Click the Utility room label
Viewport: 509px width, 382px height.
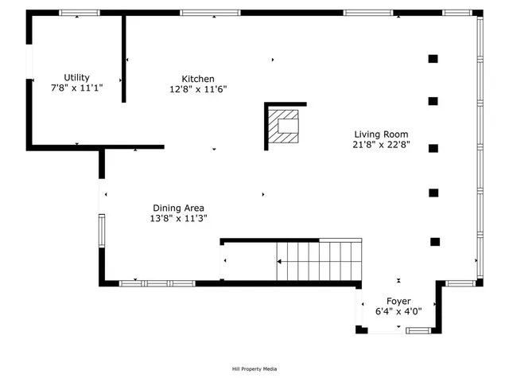point(77,77)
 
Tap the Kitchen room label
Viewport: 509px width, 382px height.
point(198,79)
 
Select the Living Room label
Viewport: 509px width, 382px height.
point(381,134)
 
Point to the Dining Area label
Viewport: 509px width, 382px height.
point(178,208)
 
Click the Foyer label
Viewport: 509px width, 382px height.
point(398,302)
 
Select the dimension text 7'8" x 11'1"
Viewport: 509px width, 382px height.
point(77,88)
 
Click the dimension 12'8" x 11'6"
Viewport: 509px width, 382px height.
point(198,89)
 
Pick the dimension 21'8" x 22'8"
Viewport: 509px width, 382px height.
point(381,145)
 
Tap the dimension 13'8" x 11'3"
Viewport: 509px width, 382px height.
point(178,218)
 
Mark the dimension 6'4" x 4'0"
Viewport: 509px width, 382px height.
point(398,312)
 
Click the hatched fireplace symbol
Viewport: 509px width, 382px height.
point(284,125)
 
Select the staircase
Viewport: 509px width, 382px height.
point(318,261)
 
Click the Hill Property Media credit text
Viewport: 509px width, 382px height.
point(254,368)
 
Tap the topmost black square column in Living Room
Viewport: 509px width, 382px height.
point(433,58)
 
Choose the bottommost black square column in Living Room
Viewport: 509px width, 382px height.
point(435,241)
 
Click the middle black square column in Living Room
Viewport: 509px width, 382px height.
point(433,148)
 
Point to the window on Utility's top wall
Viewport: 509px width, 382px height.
point(80,13)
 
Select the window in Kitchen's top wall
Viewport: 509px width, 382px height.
point(210,13)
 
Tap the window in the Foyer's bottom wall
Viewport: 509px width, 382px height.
point(418,329)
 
